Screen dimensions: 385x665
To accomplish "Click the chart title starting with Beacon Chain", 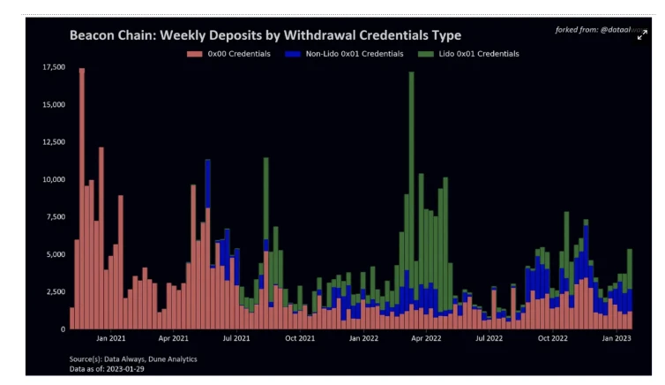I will click(265, 35).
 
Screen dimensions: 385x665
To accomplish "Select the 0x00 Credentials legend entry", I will click(233, 54).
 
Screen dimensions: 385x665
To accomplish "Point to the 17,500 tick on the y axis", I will click(52, 67).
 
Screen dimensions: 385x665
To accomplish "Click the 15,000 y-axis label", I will click(52, 105).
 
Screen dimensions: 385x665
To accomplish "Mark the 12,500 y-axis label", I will click(52, 142).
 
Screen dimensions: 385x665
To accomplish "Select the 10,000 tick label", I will click(52, 179).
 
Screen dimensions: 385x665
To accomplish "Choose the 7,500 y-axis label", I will click(54, 217).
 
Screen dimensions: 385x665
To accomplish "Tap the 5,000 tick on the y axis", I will click(54, 254).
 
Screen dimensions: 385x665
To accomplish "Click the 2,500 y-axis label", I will click(54, 291).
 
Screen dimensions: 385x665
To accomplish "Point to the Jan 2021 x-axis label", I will click(111, 338).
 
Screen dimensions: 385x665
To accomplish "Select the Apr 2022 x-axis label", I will click(426, 338).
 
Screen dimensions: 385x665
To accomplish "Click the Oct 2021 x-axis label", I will click(300, 338).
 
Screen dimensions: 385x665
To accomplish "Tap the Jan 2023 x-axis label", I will click(616, 338).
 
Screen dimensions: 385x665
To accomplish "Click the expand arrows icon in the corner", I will click(642, 34).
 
